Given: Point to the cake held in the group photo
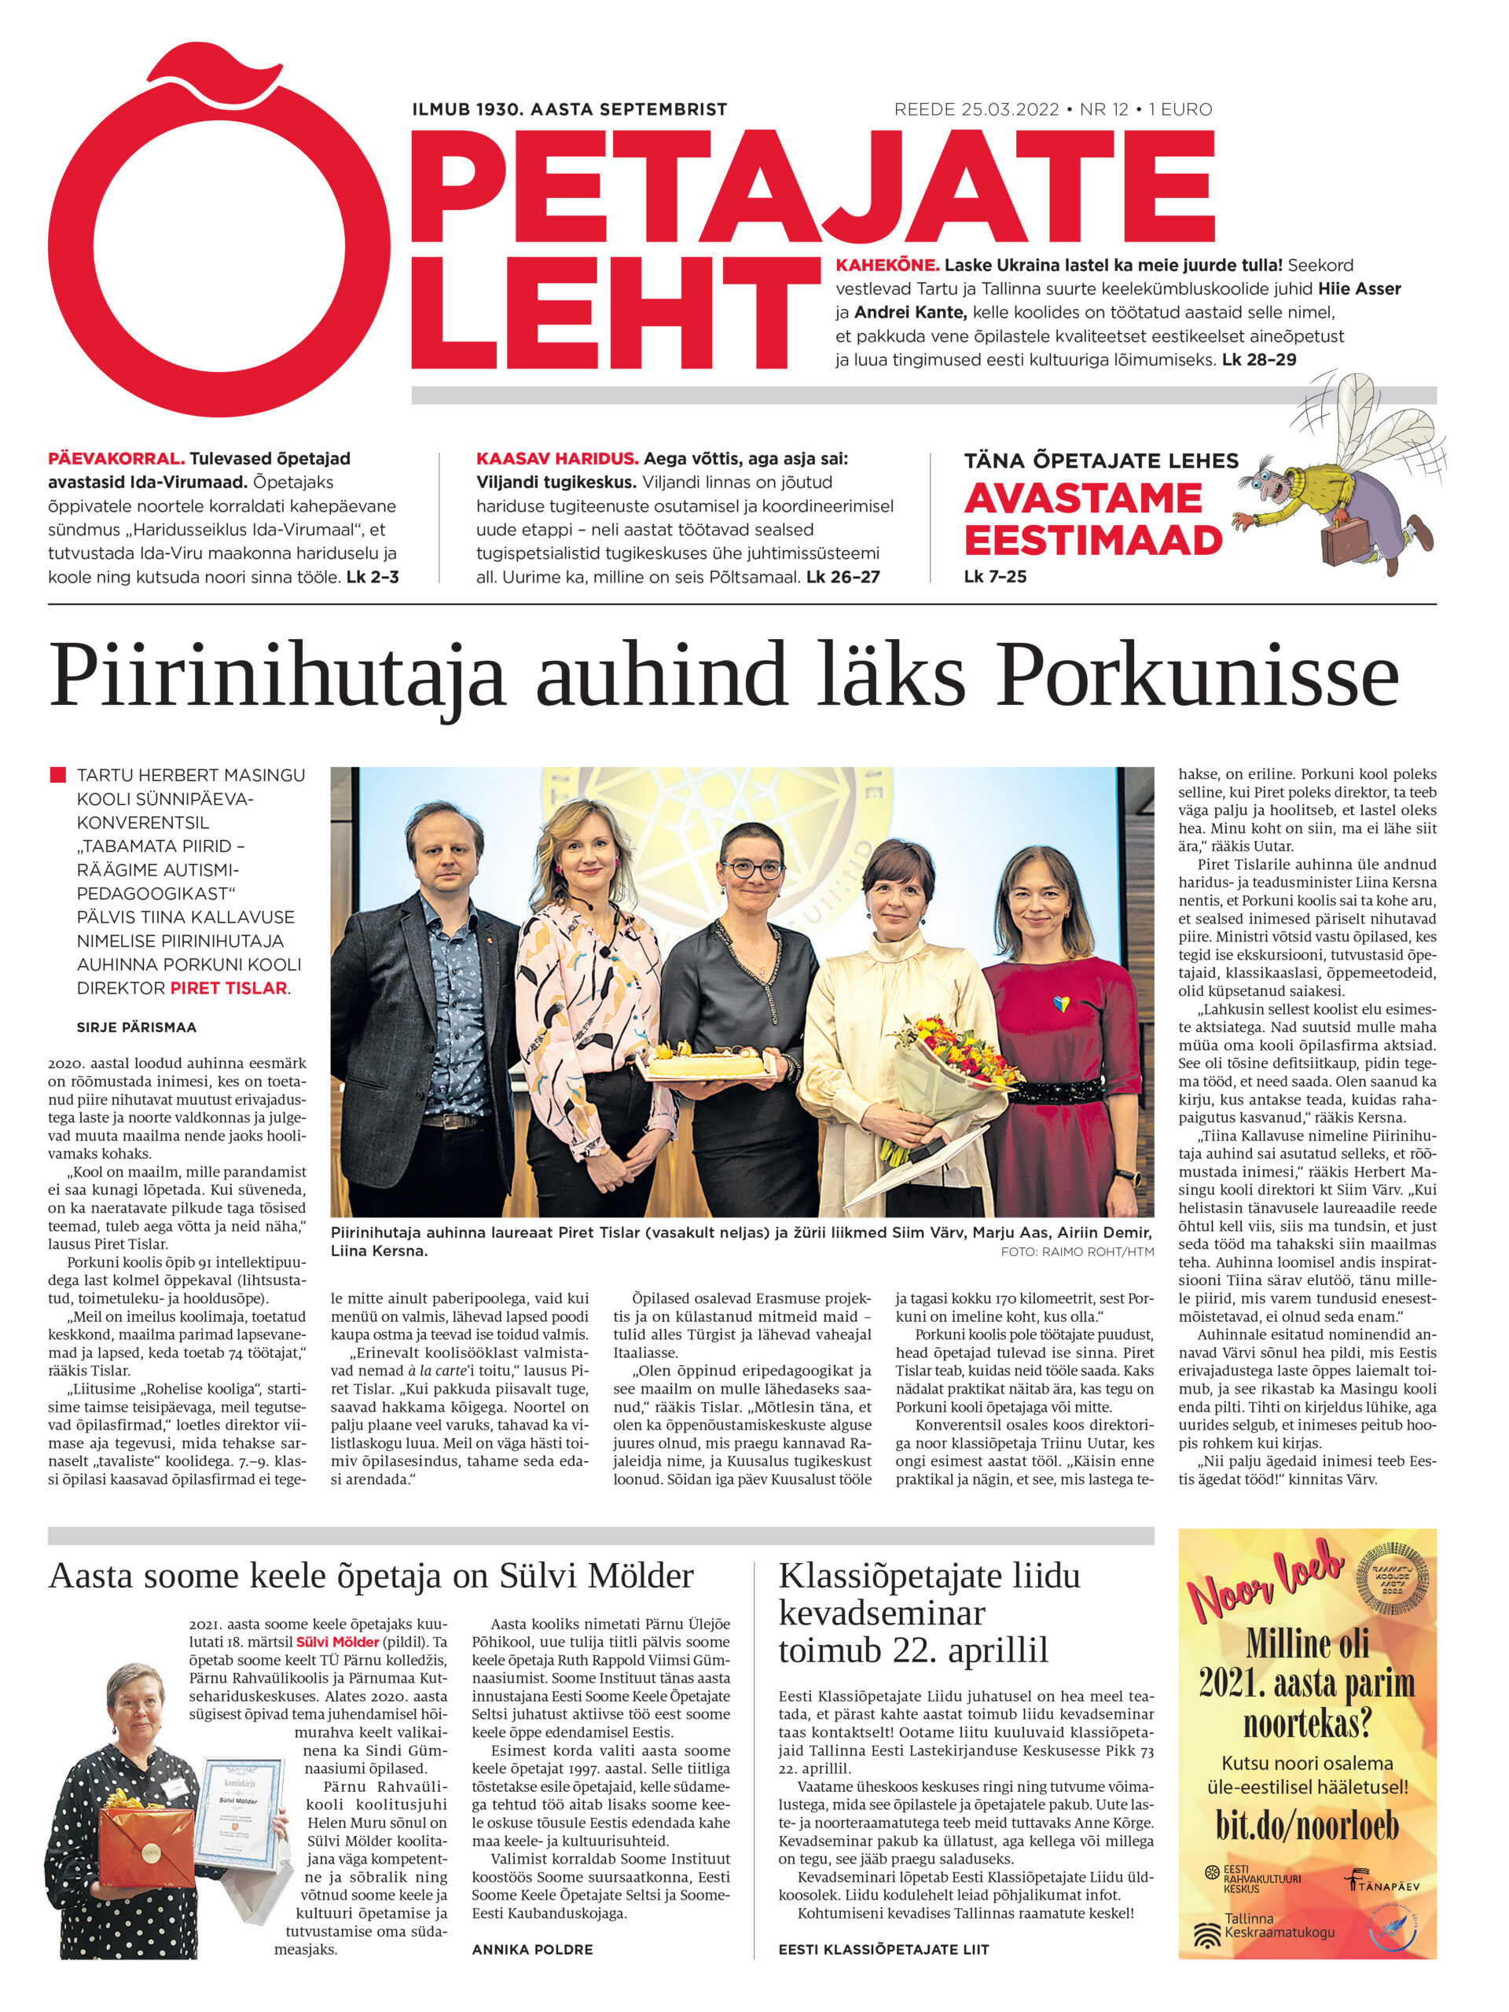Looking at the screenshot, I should coord(709,1059).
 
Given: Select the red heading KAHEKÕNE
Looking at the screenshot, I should coord(887,266).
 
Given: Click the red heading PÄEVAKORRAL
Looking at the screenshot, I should coord(116,458).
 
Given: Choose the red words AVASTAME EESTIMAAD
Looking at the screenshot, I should coord(1092,519).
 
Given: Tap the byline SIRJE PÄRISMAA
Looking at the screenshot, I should coord(137,1027).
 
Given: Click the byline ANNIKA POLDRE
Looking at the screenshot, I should coord(532,1949).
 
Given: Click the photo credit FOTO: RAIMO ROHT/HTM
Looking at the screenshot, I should coord(1077,1251).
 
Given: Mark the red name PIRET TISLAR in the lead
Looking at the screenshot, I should coord(228,988).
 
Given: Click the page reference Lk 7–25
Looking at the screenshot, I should coord(995,577).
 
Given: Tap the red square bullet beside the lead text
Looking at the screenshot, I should coord(57,775).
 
